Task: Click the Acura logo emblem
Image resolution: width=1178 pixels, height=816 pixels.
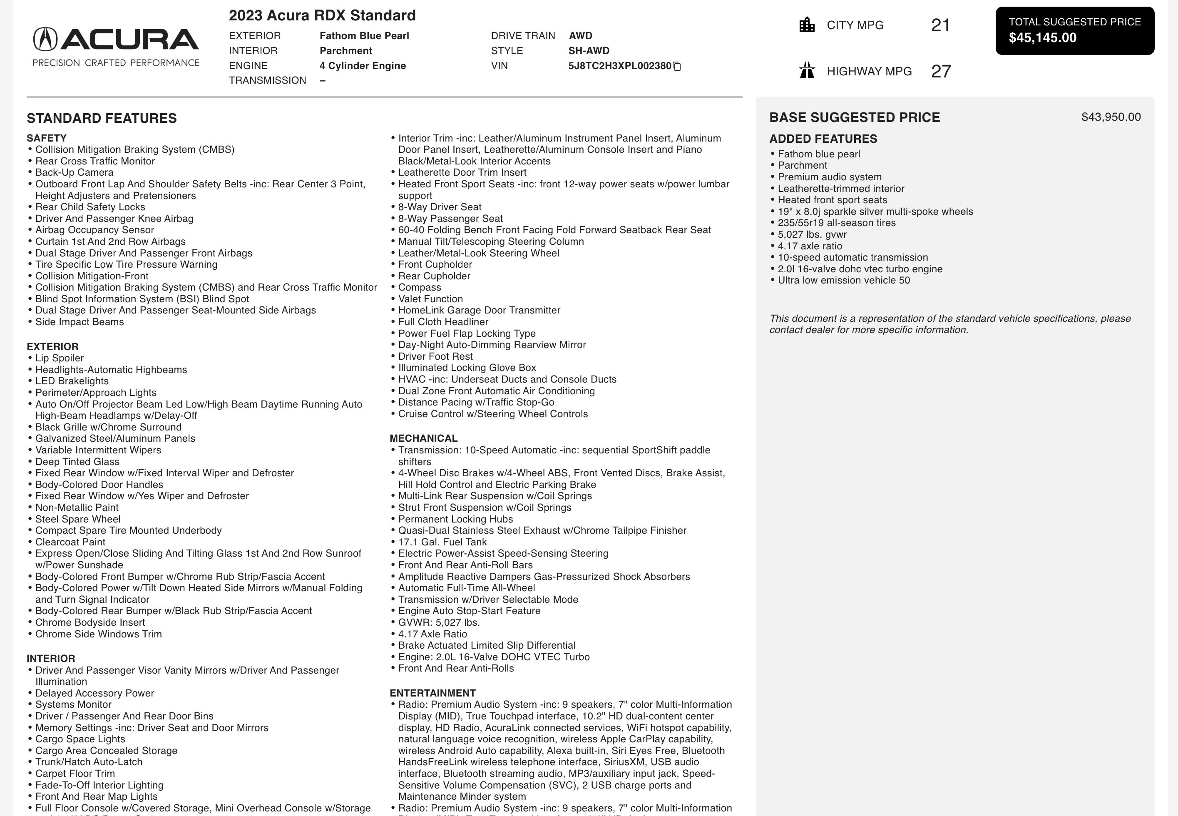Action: pyautogui.click(x=45, y=40)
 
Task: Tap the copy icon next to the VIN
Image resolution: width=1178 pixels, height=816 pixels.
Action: pyautogui.click(x=677, y=66)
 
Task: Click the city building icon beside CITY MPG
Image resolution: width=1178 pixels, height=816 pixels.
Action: pyautogui.click(x=806, y=25)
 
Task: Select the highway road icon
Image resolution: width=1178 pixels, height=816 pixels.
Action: pyautogui.click(x=806, y=70)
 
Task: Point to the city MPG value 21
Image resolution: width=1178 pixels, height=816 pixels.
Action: pyautogui.click(x=940, y=25)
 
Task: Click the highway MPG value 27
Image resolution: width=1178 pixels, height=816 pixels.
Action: pyautogui.click(x=940, y=71)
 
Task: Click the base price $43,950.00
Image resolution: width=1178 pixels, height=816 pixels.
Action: pyautogui.click(x=1111, y=117)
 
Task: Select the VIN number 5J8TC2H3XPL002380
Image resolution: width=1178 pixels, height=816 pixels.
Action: pyautogui.click(x=619, y=66)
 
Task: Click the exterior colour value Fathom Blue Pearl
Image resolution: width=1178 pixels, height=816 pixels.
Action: pyautogui.click(x=364, y=36)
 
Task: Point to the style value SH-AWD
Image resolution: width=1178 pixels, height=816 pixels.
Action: pyautogui.click(x=588, y=51)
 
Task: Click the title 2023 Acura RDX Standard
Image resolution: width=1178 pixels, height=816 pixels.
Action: pyautogui.click(x=322, y=15)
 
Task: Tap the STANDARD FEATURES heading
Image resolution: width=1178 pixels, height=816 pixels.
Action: pyautogui.click(x=102, y=118)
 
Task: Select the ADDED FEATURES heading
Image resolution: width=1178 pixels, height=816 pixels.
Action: pyautogui.click(x=823, y=139)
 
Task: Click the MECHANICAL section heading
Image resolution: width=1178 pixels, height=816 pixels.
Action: pyautogui.click(x=423, y=438)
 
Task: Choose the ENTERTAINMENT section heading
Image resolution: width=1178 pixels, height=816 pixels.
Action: pyautogui.click(x=432, y=693)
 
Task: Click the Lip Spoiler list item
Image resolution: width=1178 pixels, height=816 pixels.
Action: pyautogui.click(x=59, y=358)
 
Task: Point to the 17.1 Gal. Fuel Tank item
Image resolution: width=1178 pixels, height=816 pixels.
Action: pyautogui.click(x=442, y=542)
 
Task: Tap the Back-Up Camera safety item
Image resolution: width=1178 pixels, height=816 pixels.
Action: pyautogui.click(x=74, y=172)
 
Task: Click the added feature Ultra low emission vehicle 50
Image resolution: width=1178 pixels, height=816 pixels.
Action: pyautogui.click(x=843, y=280)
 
